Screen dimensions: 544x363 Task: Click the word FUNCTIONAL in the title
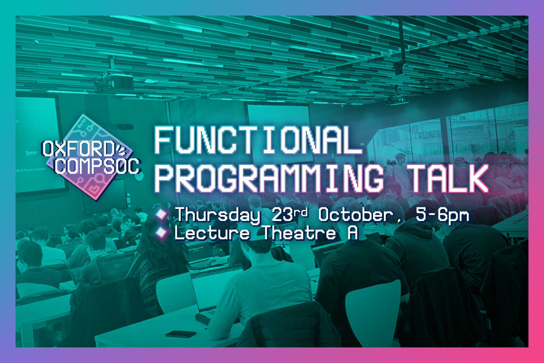coord(258,140)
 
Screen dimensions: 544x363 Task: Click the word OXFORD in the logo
coord(78,149)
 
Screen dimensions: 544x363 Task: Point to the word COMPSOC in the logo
coord(98,166)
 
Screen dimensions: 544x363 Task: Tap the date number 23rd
coord(290,214)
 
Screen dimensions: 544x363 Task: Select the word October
coord(356,215)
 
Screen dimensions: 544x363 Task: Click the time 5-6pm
coord(443,216)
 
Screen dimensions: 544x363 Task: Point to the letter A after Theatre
coord(353,233)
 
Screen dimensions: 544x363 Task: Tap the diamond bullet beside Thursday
coord(161,214)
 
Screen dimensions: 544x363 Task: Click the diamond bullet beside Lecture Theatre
coord(161,232)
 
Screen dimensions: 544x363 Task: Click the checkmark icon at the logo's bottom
coord(94,189)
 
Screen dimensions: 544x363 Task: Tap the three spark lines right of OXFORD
coord(121,150)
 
